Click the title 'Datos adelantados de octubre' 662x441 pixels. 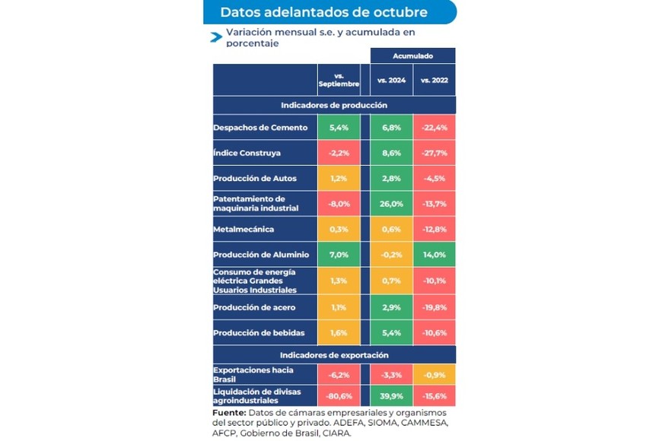point(323,12)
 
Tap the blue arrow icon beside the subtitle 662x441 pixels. point(216,36)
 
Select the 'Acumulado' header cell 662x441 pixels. point(412,56)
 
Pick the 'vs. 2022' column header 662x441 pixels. point(434,80)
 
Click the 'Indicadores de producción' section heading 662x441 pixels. point(334,105)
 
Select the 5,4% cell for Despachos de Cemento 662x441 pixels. point(339,128)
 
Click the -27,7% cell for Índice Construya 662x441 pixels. point(434,153)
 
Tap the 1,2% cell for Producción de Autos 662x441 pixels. point(339,179)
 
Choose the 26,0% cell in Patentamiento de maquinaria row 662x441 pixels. point(391,204)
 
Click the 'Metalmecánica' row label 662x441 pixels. point(243,229)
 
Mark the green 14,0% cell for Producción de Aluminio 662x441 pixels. point(434,255)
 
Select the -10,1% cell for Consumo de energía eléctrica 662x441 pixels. point(434,281)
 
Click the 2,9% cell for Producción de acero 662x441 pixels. point(391,307)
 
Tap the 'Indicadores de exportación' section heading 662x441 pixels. point(334,355)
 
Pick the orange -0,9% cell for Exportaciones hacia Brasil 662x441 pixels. point(434,374)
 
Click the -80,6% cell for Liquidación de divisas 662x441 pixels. point(339,396)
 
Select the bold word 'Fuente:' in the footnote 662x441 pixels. point(229,412)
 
